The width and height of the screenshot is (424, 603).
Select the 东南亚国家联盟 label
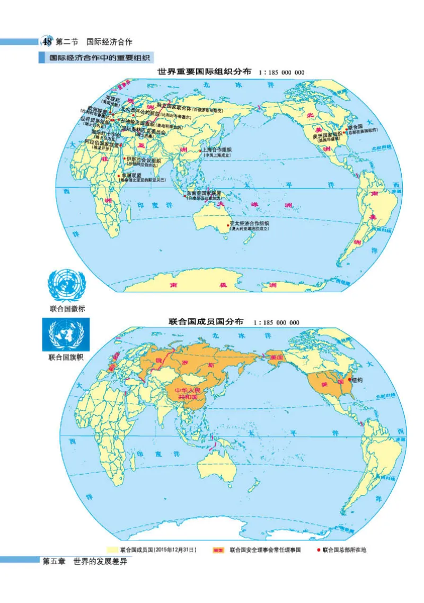tap(205, 194)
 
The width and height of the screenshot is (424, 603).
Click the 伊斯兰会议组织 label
tap(143, 159)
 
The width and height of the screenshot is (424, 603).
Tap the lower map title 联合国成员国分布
tap(206, 322)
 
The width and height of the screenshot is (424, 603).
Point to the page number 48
tap(47, 41)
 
